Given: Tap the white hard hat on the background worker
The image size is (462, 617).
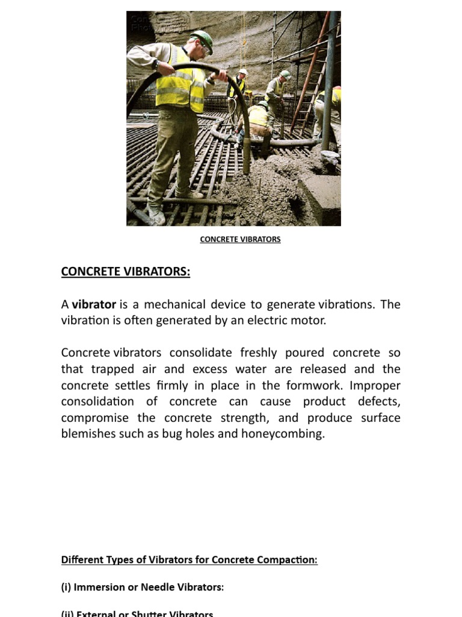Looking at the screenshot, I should [x=243, y=72].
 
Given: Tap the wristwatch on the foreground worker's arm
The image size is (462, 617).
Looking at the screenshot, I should [x=156, y=63].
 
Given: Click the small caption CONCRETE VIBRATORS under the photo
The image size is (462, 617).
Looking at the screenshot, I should [x=240, y=239].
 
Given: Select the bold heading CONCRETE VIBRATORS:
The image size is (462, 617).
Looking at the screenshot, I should [x=125, y=272].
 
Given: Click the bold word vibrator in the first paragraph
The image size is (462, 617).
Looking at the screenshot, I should [x=94, y=304].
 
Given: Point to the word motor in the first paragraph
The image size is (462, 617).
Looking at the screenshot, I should [x=310, y=321].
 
